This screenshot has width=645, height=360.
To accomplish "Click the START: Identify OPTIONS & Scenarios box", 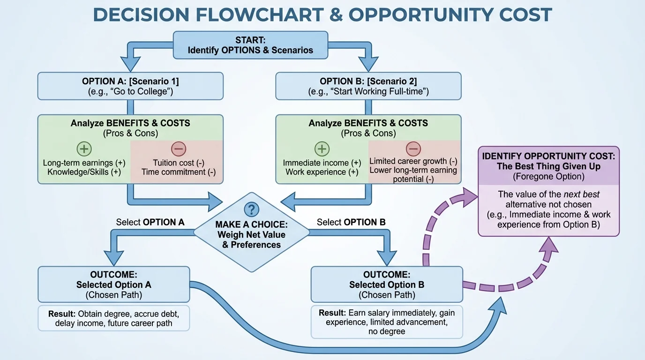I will click(x=250, y=45).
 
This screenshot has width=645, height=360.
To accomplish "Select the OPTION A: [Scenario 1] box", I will click(x=130, y=86).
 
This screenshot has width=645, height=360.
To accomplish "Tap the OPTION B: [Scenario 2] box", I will click(x=368, y=86).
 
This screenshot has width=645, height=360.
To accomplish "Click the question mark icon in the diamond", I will click(x=252, y=209).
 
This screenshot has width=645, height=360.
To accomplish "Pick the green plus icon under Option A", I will click(x=84, y=149).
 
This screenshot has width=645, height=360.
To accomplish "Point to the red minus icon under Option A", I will click(x=179, y=149).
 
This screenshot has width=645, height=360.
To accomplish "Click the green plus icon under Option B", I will click(x=322, y=149).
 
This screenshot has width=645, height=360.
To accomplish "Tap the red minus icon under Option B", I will click(x=413, y=149).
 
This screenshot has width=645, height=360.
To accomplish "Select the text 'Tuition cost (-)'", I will click(x=179, y=163).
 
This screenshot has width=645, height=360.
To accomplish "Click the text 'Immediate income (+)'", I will click(x=322, y=163).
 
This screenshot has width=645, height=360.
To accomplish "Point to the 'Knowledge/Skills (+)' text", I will click(x=84, y=172).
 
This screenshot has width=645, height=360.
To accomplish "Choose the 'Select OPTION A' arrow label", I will click(x=150, y=222).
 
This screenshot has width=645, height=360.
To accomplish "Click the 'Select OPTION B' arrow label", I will click(x=351, y=222).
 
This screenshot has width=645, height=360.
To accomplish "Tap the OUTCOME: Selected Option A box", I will click(x=113, y=285).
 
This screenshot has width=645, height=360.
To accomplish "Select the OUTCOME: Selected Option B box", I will click(x=387, y=285).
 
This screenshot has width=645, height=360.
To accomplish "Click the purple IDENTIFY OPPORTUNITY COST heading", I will click(x=548, y=161).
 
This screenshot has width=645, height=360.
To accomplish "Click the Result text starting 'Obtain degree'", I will click(x=113, y=318).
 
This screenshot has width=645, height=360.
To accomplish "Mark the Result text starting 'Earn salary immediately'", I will click(x=387, y=322).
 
